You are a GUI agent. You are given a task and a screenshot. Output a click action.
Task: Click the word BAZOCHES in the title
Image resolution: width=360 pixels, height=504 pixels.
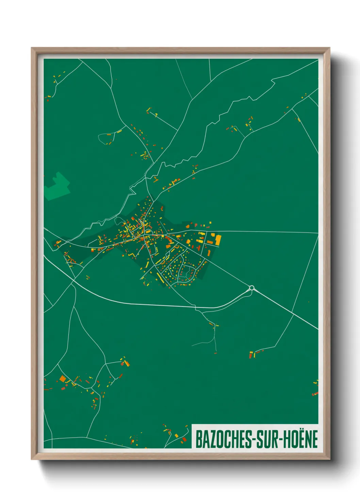[x=224, y=439]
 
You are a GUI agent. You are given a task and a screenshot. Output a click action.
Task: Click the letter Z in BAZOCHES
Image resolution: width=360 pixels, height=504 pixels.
[x=211, y=440]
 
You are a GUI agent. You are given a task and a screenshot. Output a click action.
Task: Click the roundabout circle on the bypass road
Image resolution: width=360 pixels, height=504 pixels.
[x=252, y=288]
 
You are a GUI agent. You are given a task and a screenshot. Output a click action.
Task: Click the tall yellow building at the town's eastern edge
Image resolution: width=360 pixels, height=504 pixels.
[x=218, y=240]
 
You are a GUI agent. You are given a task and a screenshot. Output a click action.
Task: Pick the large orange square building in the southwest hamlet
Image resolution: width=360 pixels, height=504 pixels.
[x=63, y=378]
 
